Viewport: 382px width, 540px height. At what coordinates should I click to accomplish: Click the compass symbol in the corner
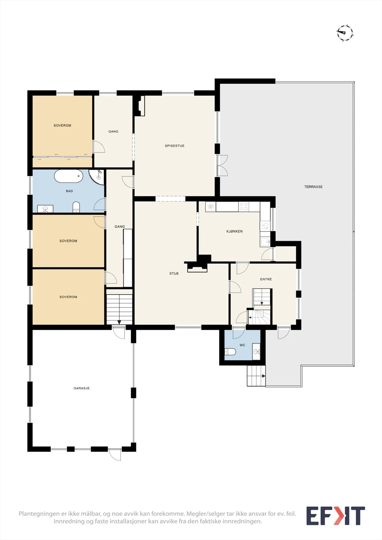(x=345, y=33)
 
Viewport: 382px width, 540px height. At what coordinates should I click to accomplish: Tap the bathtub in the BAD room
(x=69, y=176)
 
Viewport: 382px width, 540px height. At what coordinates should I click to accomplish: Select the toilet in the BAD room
(x=76, y=207)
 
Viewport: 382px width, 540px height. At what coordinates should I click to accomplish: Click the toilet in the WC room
(x=230, y=352)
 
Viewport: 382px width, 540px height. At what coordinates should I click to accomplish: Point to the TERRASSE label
(x=313, y=187)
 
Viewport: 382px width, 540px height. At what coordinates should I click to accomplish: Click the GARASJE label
(x=81, y=388)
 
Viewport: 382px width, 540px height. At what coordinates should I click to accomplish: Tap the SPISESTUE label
(x=175, y=146)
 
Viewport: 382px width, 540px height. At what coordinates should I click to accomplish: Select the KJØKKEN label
(x=234, y=232)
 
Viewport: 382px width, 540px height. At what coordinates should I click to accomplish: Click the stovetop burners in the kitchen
(x=244, y=207)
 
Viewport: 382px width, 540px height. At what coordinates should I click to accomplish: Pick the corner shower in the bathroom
(x=97, y=177)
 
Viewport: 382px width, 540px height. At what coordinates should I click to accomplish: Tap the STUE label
(x=174, y=273)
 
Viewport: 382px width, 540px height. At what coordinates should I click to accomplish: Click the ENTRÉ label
(x=266, y=279)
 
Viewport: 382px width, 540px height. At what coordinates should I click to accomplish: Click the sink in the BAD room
(x=45, y=209)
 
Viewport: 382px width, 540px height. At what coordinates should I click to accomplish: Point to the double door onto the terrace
(x=222, y=165)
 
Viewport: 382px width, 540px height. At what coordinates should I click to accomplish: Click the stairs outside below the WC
(x=256, y=376)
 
